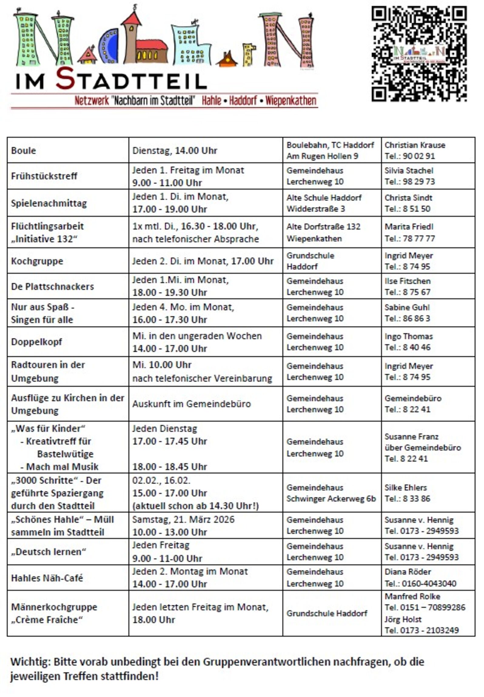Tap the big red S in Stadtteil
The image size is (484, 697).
(65, 78)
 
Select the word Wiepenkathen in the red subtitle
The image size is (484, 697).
(291, 101)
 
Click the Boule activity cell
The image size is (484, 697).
(24, 151)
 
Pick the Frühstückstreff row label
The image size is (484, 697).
(44, 176)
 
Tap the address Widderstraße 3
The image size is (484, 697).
(315, 209)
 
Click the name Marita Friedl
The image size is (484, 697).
(409, 227)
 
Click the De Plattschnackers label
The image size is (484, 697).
(52, 286)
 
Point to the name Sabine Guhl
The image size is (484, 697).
(407, 307)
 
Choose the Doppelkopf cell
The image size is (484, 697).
(37, 342)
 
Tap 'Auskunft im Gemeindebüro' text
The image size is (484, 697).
(191, 404)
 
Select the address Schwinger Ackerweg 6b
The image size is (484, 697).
(331, 499)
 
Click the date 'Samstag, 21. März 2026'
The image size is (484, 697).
(183, 519)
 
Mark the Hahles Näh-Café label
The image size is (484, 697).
(47, 578)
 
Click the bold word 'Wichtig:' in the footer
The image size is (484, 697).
(31, 662)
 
